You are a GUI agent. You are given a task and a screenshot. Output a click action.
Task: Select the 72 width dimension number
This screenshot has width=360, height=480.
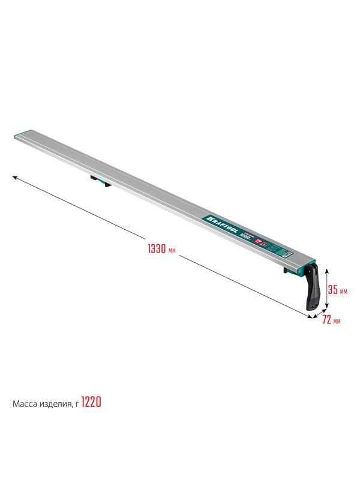pos(326,320)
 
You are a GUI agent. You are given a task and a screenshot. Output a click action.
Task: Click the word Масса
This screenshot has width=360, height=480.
pos(26,404)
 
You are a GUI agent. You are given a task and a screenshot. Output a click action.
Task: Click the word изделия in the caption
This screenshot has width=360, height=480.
pos(56,404)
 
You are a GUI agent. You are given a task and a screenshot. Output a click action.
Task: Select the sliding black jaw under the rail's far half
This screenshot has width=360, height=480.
pos(97,179)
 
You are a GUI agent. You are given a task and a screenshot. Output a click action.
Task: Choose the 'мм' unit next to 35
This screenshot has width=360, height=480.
pos(343,291)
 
